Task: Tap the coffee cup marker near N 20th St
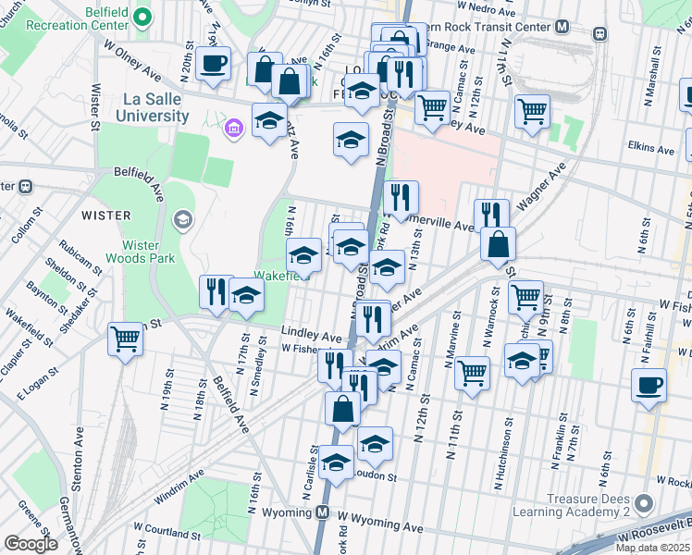coord(214,64)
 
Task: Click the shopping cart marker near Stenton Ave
coord(126,338)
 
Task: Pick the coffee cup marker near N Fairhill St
coord(649,384)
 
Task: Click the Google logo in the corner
coord(31,544)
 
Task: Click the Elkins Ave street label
coord(650,147)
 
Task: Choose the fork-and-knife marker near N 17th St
coord(214,291)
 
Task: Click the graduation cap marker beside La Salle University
coord(269,121)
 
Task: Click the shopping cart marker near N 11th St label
coord(473,372)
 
